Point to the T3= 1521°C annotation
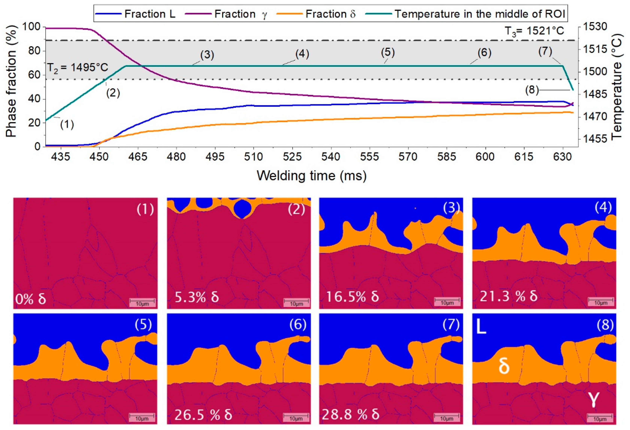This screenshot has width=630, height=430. click(x=534, y=31)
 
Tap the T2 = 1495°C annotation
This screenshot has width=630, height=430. click(x=78, y=67)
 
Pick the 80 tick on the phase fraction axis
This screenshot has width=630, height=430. click(x=34, y=51)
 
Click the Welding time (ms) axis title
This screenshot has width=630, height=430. click(x=312, y=176)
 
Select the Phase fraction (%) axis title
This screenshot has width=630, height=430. click(x=11, y=81)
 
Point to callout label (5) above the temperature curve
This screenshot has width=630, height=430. click(x=388, y=53)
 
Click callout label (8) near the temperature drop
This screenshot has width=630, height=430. click(x=532, y=90)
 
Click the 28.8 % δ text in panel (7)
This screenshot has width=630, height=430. click(x=350, y=414)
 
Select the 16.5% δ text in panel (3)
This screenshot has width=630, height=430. click(x=352, y=297)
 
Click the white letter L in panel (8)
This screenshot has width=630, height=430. click(x=481, y=327)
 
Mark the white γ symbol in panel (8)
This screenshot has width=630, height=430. click(x=593, y=400)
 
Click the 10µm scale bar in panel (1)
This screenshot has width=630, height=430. click(x=142, y=302)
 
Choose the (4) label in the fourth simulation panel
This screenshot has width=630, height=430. click(x=603, y=208)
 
